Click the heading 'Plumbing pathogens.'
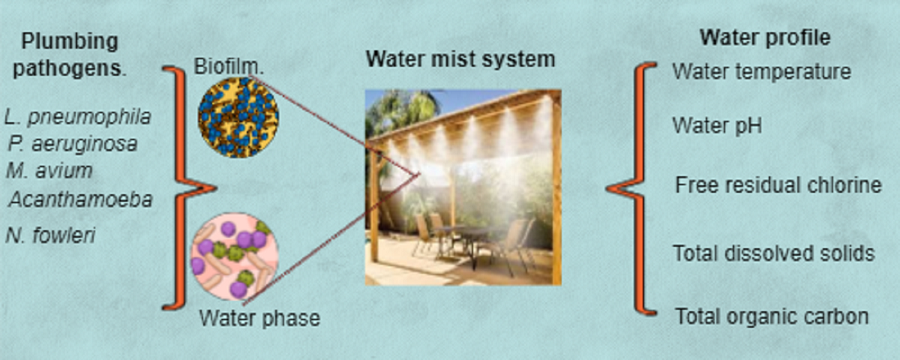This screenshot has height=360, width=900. coord(70,54)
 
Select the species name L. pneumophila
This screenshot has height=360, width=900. coord(77,117)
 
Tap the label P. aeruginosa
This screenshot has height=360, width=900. coord(73,144)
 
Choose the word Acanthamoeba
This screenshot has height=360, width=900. coord(81,199)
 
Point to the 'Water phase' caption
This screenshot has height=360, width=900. coord(259,318)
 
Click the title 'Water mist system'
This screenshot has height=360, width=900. coord(460,58)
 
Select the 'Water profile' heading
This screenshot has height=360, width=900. coord(765,38)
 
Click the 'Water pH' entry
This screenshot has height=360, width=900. coord(717,125)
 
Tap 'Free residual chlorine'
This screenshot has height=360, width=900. coord(778,185)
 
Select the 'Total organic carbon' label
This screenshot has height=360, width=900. coord(772,316)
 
